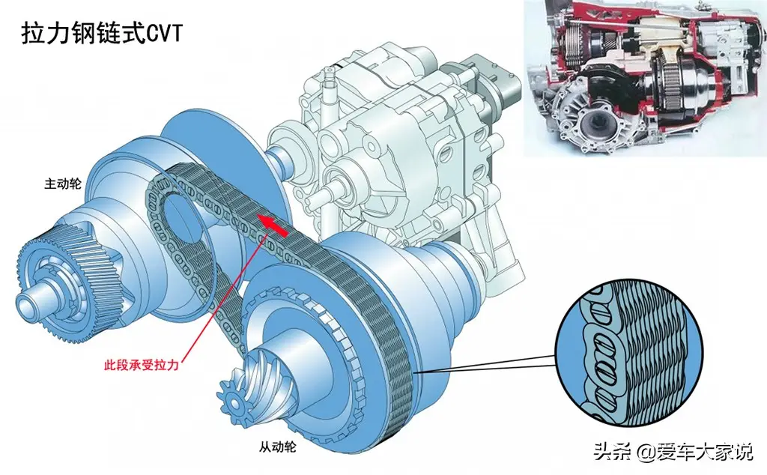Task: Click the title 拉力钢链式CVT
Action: click(102, 34)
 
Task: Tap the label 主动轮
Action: click(63, 184)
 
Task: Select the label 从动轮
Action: click(277, 447)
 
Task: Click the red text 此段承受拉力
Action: click(141, 365)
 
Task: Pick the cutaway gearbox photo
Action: click(645, 78)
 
